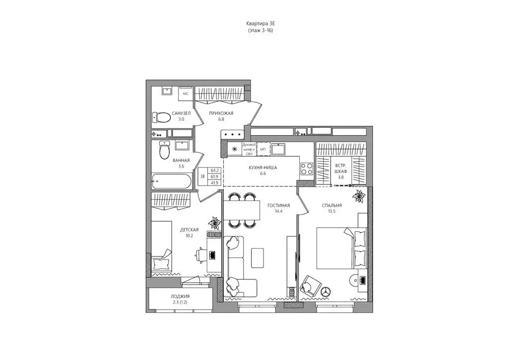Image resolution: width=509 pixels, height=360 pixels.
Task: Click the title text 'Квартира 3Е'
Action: (x=260, y=23)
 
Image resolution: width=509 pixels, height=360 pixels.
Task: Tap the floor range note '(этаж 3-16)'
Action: (x=260, y=31)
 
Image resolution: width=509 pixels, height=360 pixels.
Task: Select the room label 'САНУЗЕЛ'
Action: (x=180, y=113)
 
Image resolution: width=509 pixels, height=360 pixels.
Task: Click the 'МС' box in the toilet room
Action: (x=186, y=93)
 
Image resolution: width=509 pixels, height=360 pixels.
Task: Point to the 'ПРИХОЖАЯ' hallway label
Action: (x=222, y=113)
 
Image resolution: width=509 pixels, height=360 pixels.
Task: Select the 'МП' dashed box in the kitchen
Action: (x=263, y=149)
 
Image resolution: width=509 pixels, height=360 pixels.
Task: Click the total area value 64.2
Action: (x=215, y=170)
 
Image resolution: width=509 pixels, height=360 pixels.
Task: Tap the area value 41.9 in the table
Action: (x=215, y=182)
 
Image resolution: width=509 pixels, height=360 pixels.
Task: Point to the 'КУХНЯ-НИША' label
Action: (x=263, y=168)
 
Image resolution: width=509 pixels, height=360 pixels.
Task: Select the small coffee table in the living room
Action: (x=257, y=257)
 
